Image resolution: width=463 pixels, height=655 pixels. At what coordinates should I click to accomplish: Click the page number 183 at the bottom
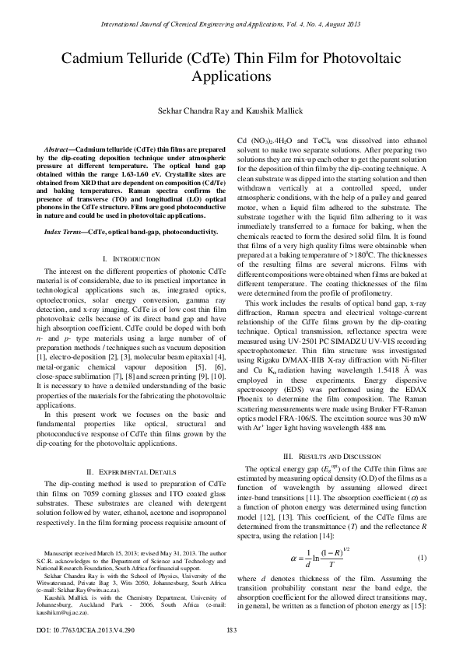pos(231,630)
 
